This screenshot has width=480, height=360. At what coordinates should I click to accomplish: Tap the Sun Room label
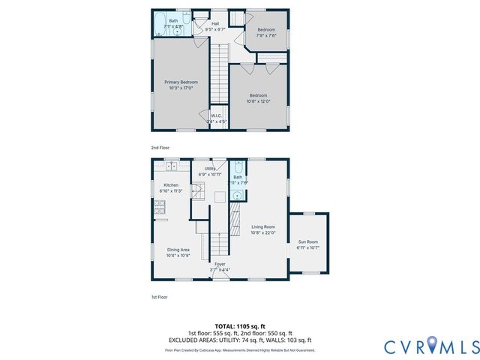[307, 242]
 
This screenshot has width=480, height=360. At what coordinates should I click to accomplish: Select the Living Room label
[262, 226]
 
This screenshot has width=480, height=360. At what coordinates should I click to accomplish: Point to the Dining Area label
[178, 249]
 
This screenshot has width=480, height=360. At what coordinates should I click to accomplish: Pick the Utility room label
[210, 169]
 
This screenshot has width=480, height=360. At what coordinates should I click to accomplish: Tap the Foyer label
[220, 264]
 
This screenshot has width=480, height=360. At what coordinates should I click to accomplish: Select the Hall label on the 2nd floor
[215, 24]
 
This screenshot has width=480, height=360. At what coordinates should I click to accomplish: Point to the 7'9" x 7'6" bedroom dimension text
[266, 34]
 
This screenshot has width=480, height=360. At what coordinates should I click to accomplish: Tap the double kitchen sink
[171, 166]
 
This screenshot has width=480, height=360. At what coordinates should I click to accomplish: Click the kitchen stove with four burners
[160, 212]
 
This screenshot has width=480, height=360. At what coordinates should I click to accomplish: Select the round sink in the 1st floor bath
[237, 196]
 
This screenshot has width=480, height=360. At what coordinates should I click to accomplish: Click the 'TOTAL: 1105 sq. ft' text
[239, 326]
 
